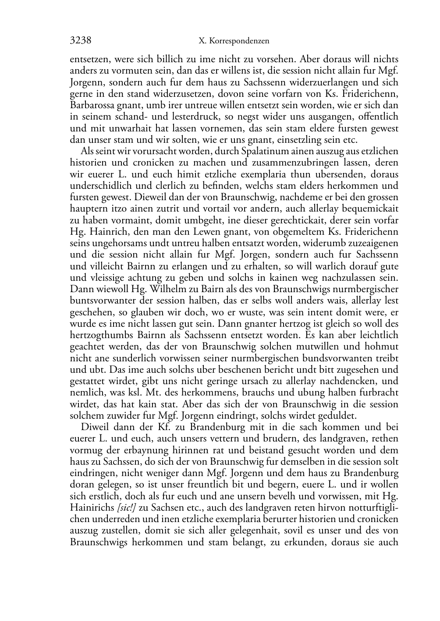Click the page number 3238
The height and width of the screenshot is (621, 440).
(80, 41)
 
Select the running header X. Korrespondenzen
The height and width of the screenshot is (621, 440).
(234, 41)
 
